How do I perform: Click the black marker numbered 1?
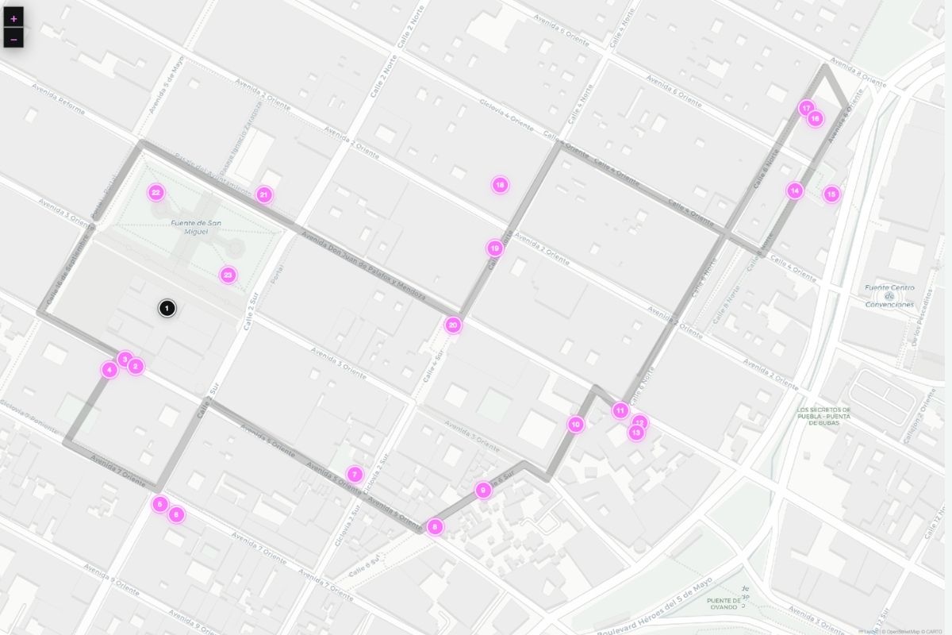[167, 309]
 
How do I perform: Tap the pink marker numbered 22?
[156, 192]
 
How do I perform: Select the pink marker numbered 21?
[264, 194]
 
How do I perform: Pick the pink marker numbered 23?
[228, 275]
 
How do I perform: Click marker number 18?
[499, 185]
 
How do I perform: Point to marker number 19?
[495, 248]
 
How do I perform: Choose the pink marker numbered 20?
[452, 325]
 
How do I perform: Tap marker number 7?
[355, 475]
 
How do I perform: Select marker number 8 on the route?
[434, 526]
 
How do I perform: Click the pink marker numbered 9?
[483, 491]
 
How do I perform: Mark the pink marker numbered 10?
[576, 425]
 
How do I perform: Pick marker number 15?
[831, 194]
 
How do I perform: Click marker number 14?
[795, 190]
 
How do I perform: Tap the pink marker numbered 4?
[109, 369]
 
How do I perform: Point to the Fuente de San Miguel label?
[189, 227]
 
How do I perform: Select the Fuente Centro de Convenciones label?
[889, 296]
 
